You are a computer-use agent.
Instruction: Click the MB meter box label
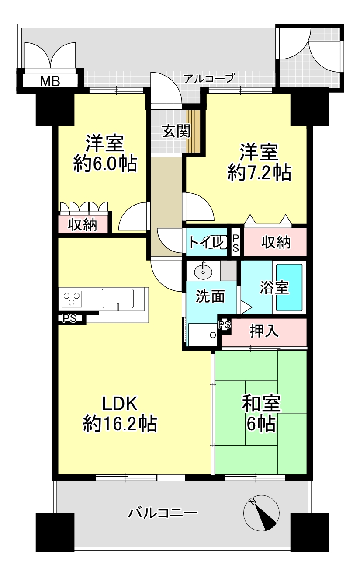tap(50, 82)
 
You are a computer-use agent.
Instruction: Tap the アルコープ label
tap(209, 78)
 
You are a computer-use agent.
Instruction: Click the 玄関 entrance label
tap(176, 131)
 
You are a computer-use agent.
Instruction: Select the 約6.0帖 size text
tap(105, 164)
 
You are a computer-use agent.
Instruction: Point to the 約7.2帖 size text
tap(259, 173)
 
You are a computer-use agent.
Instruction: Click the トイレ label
tap(205, 242)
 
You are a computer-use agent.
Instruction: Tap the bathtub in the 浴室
tap(289, 287)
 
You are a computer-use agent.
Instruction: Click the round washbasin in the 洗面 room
tap(203, 271)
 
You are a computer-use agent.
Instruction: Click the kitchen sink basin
tap(118, 298)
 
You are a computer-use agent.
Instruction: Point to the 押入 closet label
tap(264, 331)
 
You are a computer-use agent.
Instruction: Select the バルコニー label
tap(163, 513)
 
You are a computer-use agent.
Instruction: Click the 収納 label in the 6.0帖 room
tap(83, 225)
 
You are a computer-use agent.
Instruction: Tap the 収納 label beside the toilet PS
tap(276, 242)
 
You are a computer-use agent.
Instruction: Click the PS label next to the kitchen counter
tap(70, 318)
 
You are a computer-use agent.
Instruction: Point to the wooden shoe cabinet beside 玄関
tap(193, 131)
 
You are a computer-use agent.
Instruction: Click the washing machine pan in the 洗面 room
tap(203, 335)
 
